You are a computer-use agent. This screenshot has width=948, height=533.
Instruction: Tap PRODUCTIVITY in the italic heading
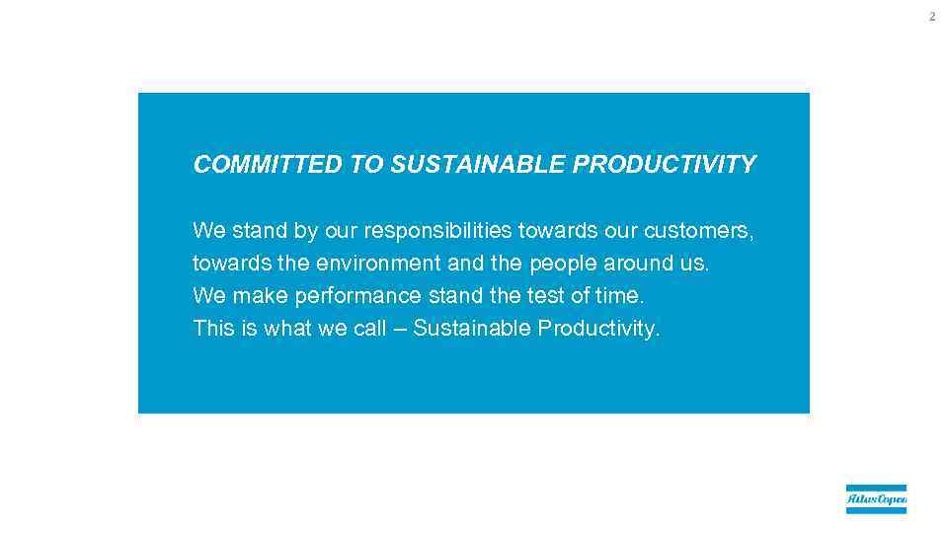665,165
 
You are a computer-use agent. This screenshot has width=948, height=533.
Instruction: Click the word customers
698,231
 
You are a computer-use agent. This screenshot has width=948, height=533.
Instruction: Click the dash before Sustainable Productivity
400,329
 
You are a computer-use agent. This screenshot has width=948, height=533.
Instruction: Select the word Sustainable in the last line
472,329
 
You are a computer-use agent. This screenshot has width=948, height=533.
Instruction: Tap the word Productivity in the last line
597,329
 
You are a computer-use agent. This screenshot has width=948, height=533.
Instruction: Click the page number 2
930,17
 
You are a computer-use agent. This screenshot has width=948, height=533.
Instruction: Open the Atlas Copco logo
876,499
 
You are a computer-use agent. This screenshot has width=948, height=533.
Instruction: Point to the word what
287,329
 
